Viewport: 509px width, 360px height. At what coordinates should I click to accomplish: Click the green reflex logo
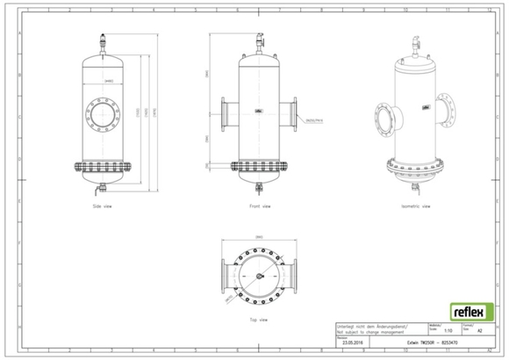[471, 311]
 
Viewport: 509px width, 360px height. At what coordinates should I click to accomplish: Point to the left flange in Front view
[223, 115]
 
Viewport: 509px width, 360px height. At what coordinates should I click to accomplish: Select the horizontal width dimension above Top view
[257, 236]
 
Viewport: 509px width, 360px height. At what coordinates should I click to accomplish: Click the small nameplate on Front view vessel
[259, 111]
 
